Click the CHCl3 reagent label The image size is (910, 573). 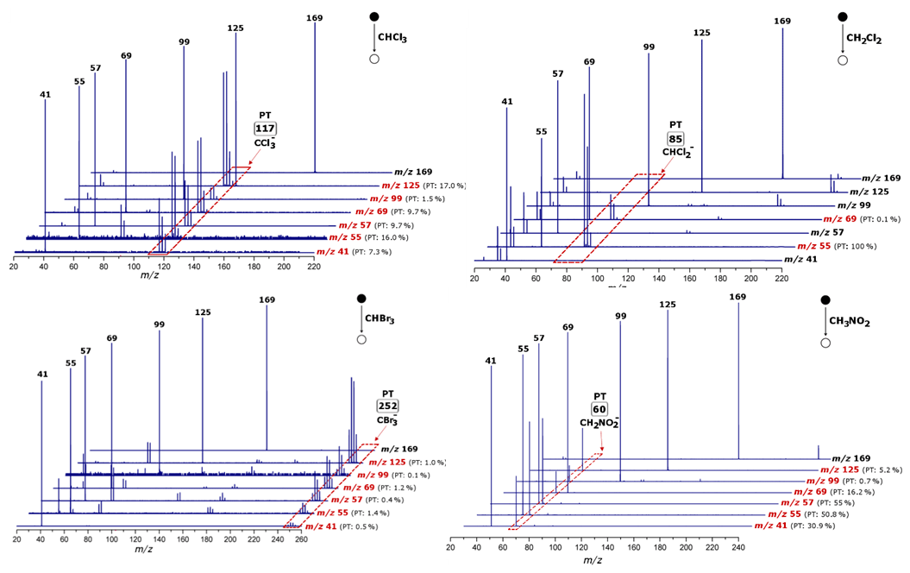point(392,38)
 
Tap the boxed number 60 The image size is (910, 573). point(599,408)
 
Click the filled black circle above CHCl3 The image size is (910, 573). point(374,16)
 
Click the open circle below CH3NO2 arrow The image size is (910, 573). point(825,343)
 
